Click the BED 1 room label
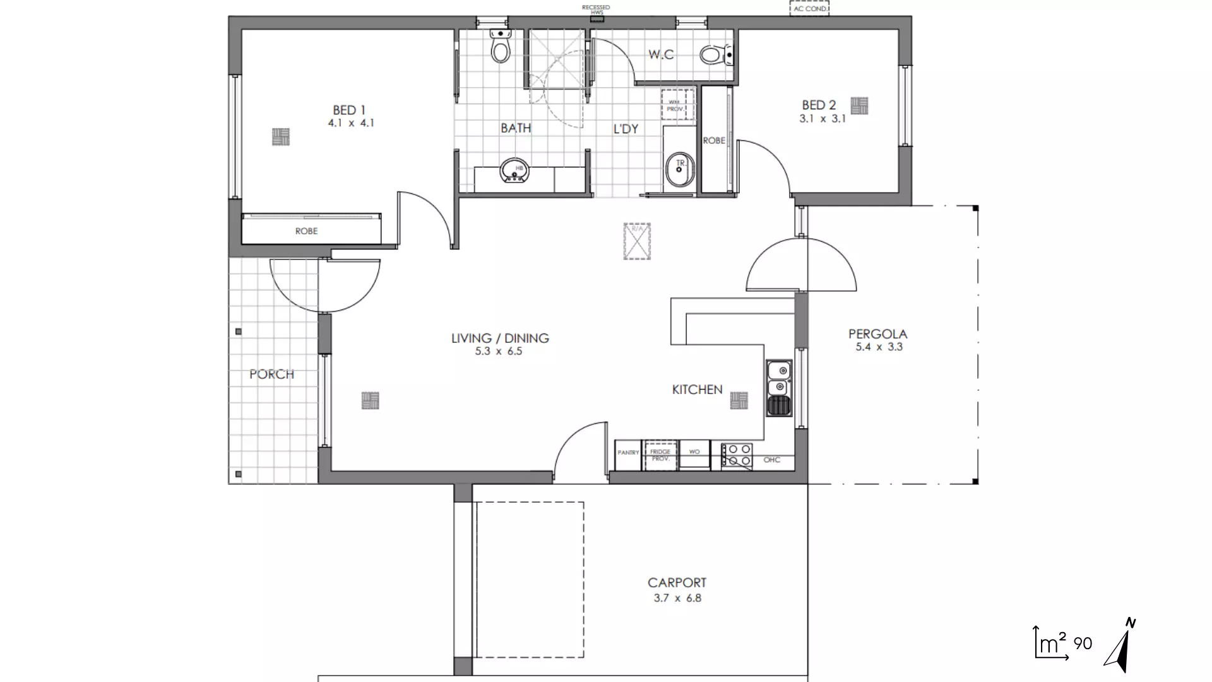(x=349, y=110)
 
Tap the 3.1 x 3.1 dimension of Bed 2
(x=822, y=119)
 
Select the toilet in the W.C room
(x=715, y=55)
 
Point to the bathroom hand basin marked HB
(x=514, y=170)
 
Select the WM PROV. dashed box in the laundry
(x=677, y=105)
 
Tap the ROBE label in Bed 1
(x=306, y=231)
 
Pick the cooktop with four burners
(x=737, y=456)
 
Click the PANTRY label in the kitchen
(x=628, y=453)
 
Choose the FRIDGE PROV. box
(x=660, y=455)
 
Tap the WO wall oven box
(x=694, y=452)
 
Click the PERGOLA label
(x=877, y=333)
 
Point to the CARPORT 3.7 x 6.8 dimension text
(x=677, y=598)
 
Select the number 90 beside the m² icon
(x=1083, y=643)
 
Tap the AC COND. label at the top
(x=809, y=9)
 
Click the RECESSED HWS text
(x=596, y=9)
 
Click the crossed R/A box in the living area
(x=637, y=241)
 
